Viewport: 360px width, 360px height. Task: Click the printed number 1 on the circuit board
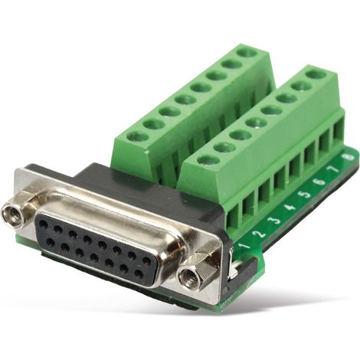point(245,246)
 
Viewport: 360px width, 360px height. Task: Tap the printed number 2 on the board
point(260,233)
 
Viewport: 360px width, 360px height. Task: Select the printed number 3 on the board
point(276,221)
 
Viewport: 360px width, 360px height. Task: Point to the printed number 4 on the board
point(290,207)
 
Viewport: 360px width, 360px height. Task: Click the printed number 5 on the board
point(306,195)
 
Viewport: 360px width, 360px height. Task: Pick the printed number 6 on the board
point(320,182)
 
